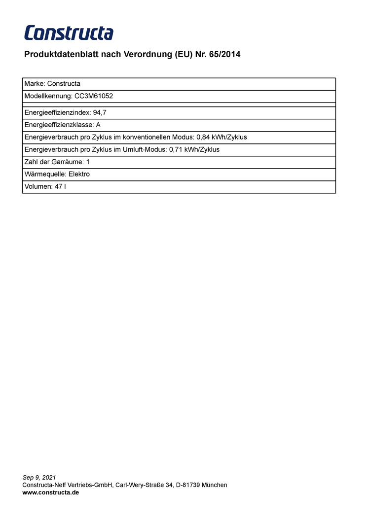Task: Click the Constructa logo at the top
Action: coord(69,33)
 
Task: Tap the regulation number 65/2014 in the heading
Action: coord(224,55)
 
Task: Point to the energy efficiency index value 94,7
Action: coord(100,112)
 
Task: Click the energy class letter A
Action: coord(98,125)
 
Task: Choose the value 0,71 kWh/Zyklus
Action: coord(194,149)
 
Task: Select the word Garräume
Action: coord(67,162)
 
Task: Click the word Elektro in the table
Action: coord(79,174)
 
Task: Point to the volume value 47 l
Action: coord(61,186)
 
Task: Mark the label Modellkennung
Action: coord(48,96)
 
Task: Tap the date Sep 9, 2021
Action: coord(39,478)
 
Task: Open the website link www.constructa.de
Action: coord(51,492)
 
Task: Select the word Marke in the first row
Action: coord(34,84)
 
